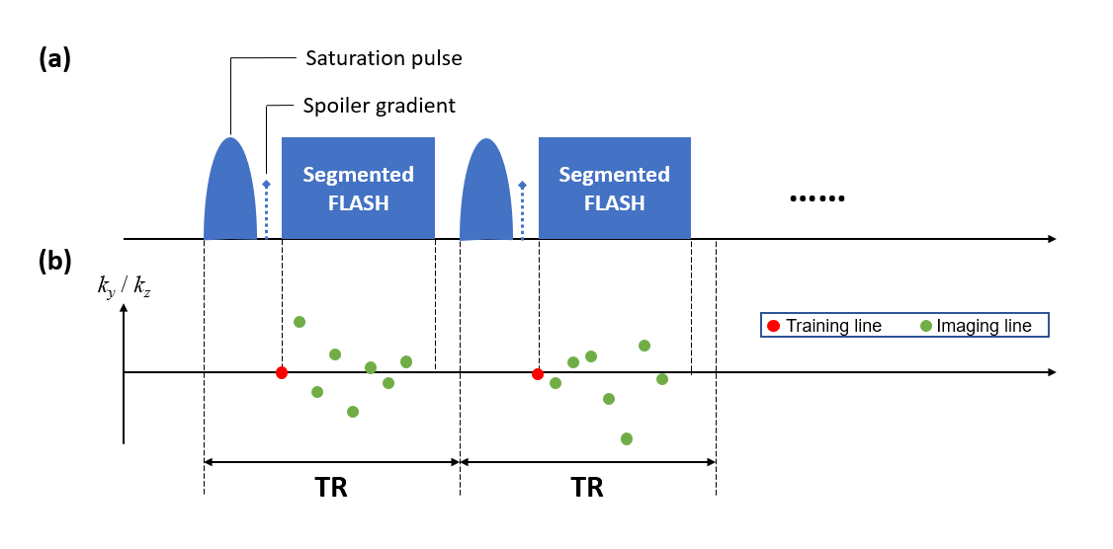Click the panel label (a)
point(55,59)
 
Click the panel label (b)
point(55,262)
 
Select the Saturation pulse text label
point(383,59)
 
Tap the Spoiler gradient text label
point(379,106)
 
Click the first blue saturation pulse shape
point(230,193)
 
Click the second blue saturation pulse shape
point(486,193)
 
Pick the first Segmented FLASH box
point(358,189)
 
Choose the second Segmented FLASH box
point(614,189)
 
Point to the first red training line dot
point(282,372)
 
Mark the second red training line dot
point(538,374)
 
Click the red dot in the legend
point(773,326)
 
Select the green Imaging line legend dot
point(925,326)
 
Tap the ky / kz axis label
point(125,288)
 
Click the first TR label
point(331,489)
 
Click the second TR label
point(587,489)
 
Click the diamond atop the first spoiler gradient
point(266,185)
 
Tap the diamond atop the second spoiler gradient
point(522,185)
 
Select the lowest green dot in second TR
point(627,438)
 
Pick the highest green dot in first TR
point(300,322)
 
